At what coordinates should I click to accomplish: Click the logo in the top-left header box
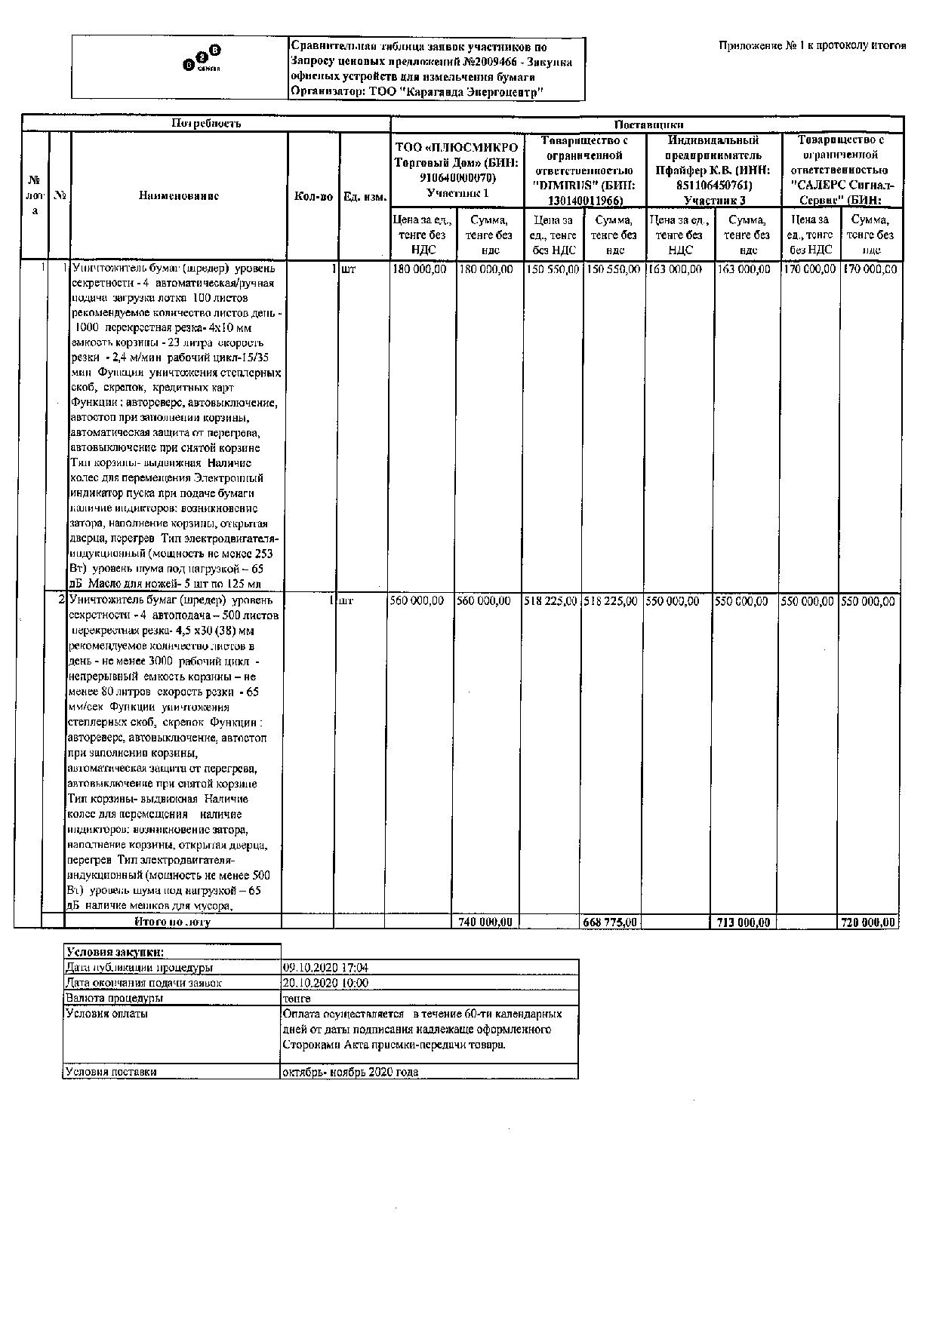[202, 60]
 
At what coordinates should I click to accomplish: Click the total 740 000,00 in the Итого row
[485, 922]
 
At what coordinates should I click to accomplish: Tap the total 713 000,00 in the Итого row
[744, 922]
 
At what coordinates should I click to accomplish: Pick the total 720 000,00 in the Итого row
[869, 922]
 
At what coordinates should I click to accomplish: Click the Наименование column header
[179, 196]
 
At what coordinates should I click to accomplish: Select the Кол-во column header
[313, 196]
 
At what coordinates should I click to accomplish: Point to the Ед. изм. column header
[365, 197]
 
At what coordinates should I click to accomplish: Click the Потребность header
[206, 123]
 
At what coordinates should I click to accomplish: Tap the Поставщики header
[648, 124]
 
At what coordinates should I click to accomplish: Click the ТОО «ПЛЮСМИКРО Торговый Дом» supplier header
[457, 170]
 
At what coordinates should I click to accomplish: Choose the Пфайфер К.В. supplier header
[713, 170]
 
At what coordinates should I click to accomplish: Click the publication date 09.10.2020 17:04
[325, 968]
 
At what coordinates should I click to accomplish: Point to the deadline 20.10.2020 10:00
[325, 983]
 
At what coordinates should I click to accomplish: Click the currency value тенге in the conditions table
[297, 998]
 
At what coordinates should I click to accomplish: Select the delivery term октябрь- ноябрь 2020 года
[350, 1072]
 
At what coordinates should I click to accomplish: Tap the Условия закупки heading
[115, 952]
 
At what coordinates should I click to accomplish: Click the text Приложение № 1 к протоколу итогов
[812, 46]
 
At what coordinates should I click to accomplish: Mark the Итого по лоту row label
[172, 922]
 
